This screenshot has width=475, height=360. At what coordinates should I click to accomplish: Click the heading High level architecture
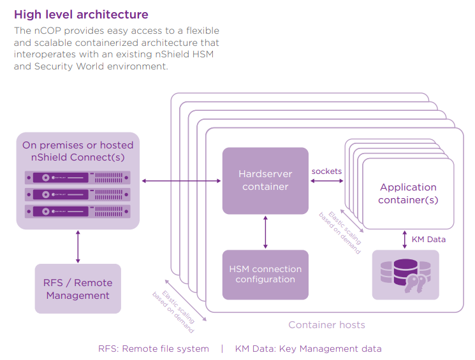coord(81,14)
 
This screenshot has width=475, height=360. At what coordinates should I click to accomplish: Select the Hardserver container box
coord(265,180)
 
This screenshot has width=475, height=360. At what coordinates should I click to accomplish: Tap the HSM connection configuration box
coord(265,275)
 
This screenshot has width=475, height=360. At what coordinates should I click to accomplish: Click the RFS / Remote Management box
coord(78,289)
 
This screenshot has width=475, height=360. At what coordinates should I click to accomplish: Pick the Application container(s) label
coord(408,194)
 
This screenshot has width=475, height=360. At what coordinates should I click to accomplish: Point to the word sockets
coord(326,171)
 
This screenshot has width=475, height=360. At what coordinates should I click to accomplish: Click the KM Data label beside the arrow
coord(428,240)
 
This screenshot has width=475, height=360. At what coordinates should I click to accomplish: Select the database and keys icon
coord(406,275)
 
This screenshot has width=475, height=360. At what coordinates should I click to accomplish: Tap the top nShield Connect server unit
coord(78,178)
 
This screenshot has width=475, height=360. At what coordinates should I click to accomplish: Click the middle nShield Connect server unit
coord(78,194)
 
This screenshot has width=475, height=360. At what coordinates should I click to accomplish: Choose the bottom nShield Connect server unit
coord(78,210)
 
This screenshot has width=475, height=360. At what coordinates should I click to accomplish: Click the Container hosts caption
coord(326,325)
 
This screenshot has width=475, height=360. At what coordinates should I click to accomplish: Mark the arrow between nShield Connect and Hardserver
coord(181,182)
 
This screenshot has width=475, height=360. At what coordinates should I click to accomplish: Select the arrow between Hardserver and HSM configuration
coord(265,232)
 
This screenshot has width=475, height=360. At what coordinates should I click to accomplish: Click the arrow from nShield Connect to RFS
coord(78,247)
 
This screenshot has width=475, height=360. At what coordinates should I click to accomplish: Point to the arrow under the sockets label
coord(326,182)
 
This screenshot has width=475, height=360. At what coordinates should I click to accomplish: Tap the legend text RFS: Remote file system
coord(154,349)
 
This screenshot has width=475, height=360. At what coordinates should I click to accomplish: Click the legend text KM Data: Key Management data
coord(308,349)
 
